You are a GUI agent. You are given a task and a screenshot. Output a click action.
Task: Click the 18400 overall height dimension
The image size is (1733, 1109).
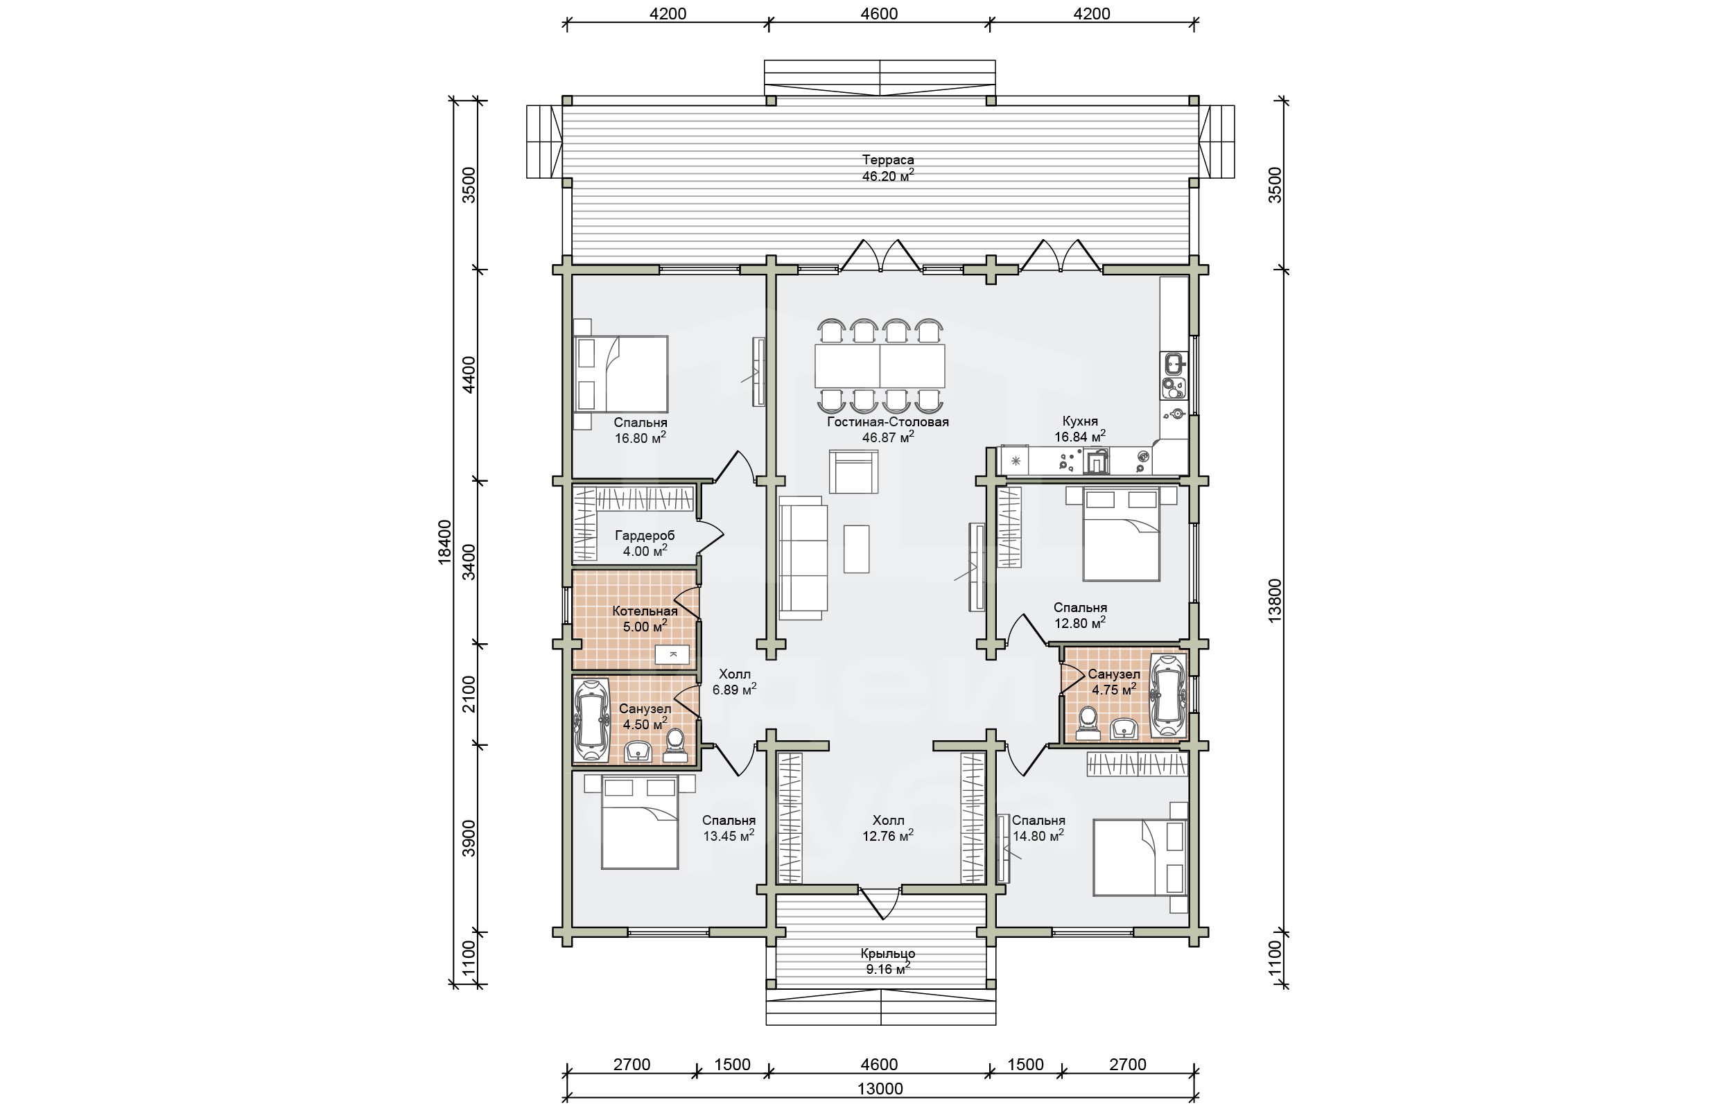(444, 541)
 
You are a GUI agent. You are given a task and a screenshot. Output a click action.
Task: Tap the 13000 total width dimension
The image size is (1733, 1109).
(880, 1088)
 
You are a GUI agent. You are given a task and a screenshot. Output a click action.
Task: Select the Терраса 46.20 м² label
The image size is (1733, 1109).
(888, 168)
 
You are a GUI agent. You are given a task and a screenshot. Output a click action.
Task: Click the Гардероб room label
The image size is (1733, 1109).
(645, 536)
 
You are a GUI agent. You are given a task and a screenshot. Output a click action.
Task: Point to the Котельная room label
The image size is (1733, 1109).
(645, 611)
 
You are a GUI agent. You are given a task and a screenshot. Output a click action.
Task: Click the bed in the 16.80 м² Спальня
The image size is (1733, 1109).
(621, 374)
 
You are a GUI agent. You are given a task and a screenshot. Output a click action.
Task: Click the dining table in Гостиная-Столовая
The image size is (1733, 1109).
(880, 366)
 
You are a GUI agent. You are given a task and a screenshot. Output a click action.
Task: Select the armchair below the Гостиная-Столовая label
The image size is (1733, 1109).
(853, 472)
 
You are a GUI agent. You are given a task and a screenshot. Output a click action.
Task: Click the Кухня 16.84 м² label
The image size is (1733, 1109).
(1080, 429)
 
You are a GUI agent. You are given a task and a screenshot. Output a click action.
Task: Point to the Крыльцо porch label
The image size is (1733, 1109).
(888, 954)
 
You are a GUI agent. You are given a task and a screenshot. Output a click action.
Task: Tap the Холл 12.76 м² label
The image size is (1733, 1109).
(888, 828)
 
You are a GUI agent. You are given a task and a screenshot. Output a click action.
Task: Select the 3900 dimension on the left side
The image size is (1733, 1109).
(469, 837)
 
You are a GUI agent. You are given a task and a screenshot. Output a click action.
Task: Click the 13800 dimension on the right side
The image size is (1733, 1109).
(1275, 600)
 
